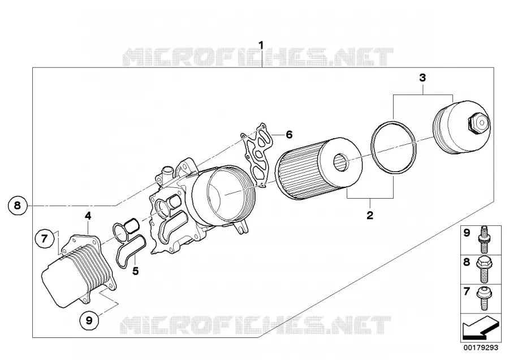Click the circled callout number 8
18,205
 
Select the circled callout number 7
45,239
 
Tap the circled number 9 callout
89,320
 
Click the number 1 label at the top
261,45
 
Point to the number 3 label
422,78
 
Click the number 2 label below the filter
370,215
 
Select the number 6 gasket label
289,134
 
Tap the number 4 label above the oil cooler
88,216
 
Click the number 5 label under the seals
135,271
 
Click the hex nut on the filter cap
478,123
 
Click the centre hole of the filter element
341,162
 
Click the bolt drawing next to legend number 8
484,269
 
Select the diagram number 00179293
481,348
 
